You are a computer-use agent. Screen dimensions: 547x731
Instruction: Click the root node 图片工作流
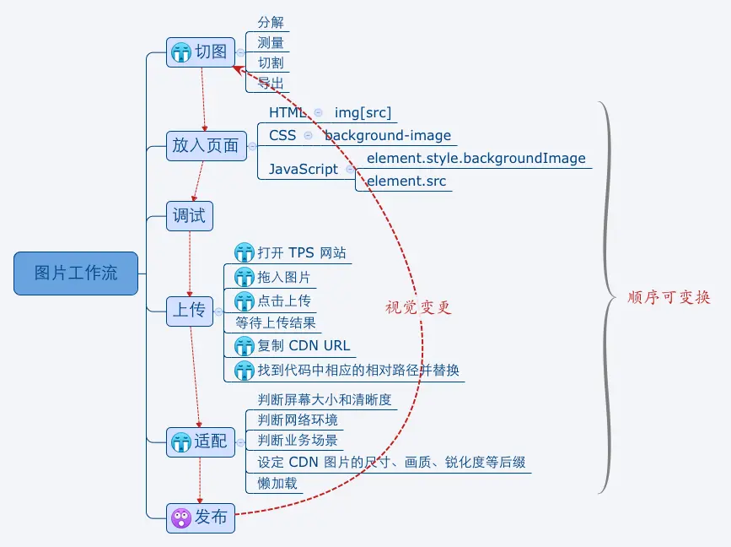click(76, 273)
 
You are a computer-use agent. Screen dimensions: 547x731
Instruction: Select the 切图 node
click(200, 52)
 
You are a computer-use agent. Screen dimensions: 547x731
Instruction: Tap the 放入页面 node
click(206, 146)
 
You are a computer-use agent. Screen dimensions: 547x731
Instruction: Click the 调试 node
click(189, 215)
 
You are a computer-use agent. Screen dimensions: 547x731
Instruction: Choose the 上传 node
click(189, 310)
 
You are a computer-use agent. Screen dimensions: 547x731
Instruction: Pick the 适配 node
click(200, 441)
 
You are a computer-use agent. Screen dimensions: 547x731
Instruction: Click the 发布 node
click(200, 517)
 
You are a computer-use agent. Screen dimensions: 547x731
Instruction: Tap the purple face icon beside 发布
click(180, 517)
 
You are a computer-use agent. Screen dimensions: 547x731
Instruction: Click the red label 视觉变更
click(418, 308)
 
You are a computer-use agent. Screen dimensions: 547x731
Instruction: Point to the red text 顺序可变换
click(669, 298)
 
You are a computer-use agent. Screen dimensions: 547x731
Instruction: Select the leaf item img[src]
click(363, 112)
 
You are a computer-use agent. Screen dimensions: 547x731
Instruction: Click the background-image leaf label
click(388, 135)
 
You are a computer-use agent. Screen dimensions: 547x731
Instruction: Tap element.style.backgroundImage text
click(476, 158)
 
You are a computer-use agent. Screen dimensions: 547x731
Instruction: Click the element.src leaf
click(406, 181)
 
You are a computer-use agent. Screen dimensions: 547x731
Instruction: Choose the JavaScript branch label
click(304, 169)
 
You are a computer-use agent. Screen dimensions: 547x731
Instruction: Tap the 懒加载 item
click(277, 484)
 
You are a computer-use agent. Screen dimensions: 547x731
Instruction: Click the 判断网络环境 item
click(298, 420)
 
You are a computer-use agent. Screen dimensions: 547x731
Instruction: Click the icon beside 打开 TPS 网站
click(245, 252)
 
